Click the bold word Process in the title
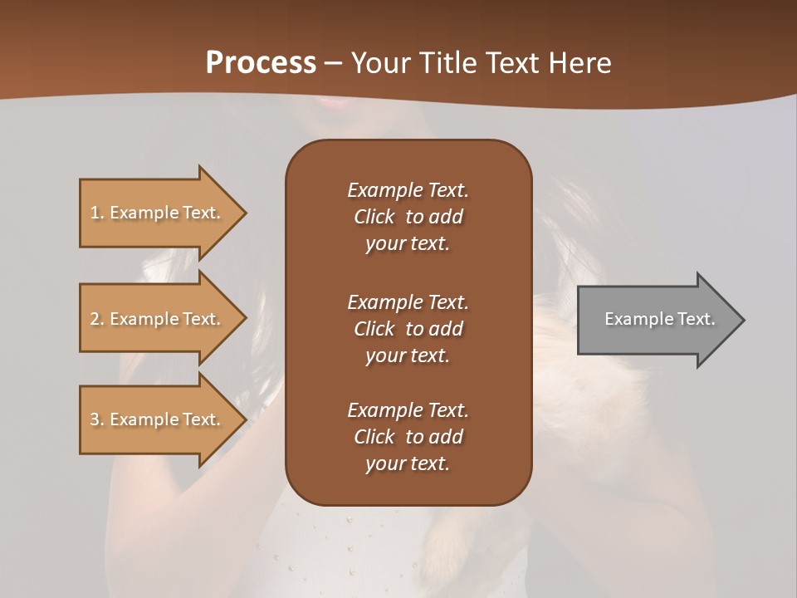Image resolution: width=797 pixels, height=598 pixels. [261, 63]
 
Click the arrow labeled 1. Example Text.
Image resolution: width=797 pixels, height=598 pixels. [158, 213]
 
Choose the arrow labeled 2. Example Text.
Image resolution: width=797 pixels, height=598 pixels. [158, 319]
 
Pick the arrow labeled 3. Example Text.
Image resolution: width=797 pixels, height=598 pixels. [158, 419]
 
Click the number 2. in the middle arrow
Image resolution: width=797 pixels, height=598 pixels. [97, 319]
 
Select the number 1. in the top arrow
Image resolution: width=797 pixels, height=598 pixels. [96, 213]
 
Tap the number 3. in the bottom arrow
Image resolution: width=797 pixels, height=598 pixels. [97, 419]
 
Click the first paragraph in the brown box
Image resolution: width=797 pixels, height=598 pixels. [408, 217]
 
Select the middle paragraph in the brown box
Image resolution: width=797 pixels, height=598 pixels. [408, 329]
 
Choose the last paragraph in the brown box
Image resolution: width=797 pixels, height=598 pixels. [408, 437]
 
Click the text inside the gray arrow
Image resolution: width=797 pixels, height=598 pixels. [660, 319]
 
